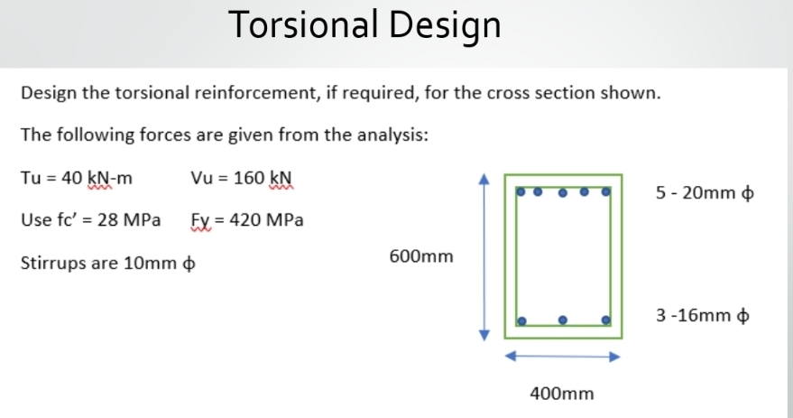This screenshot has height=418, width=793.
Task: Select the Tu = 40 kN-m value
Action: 76,177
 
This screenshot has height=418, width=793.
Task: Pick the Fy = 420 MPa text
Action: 247,219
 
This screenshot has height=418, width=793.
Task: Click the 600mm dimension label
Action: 421,257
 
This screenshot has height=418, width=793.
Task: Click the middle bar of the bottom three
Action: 563,319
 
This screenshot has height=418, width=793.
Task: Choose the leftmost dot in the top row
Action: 521,191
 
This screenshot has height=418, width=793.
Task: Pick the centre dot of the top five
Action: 563,191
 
